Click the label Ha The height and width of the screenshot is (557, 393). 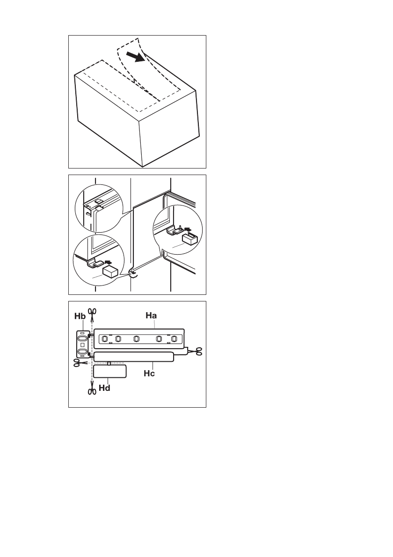[151, 316]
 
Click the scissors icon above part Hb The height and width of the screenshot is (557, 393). [92, 313]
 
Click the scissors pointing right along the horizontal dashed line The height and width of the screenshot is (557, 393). [79, 362]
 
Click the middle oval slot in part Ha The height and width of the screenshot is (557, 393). [136, 339]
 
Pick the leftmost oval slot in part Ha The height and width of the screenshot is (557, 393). [105, 338]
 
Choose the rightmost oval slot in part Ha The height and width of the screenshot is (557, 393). [175, 339]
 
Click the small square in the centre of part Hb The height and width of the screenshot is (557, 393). [82, 344]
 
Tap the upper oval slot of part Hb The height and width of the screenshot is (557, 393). [82, 337]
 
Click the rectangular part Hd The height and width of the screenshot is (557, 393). [109, 371]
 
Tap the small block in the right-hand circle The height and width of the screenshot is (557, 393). [189, 240]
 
